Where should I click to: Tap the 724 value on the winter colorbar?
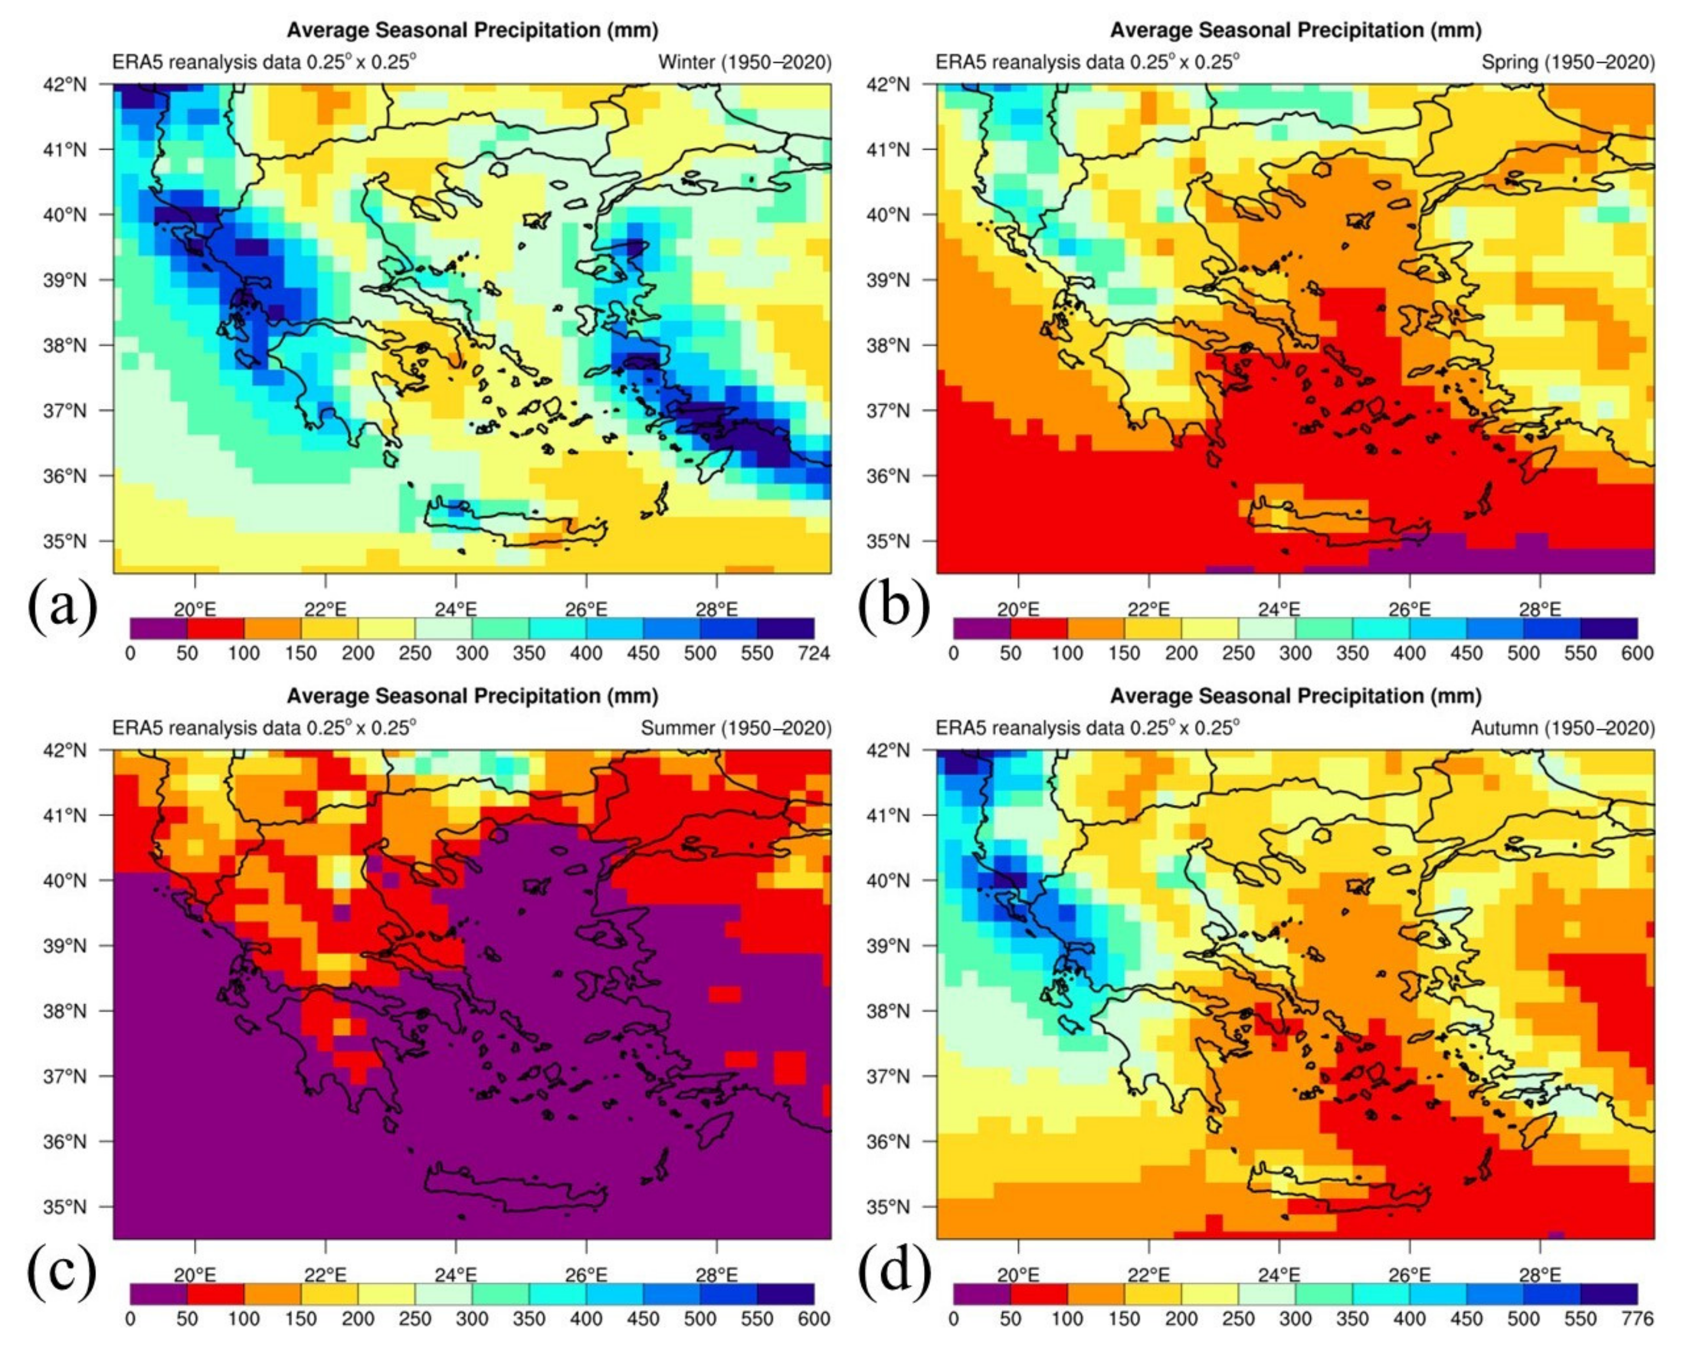click(x=814, y=653)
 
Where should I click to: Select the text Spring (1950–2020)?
click(x=1568, y=62)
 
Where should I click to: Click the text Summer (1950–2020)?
click(x=736, y=728)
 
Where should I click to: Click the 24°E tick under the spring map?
click(x=1278, y=609)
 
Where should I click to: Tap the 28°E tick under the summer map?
click(x=716, y=1275)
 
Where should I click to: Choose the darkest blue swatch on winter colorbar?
click(x=785, y=628)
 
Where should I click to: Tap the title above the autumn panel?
click(x=1295, y=696)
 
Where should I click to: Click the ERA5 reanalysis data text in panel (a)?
click(x=264, y=62)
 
